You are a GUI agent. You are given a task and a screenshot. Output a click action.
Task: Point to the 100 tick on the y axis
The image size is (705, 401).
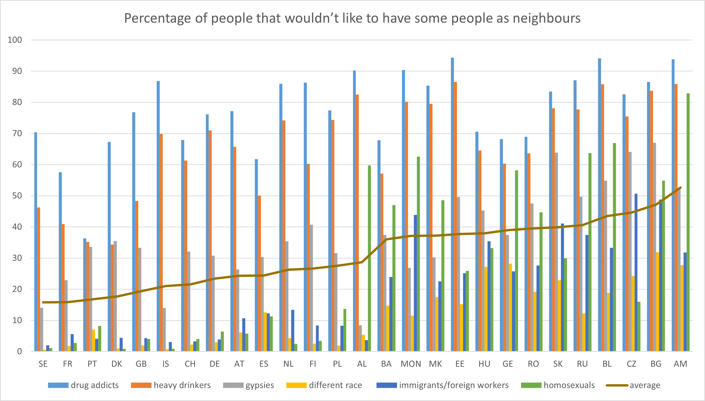point(15,40)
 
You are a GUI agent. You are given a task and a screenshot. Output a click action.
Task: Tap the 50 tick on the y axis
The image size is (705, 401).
point(15,196)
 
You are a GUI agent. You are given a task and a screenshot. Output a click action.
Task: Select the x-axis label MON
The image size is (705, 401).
point(411,364)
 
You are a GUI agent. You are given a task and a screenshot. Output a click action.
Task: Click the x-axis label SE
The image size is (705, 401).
point(43,364)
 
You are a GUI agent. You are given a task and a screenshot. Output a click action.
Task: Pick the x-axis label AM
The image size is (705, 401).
point(680,364)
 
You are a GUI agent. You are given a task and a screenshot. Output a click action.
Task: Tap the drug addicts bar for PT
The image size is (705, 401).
point(85,295)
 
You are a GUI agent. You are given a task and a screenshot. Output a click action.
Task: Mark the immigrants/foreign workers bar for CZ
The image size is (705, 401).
point(636,272)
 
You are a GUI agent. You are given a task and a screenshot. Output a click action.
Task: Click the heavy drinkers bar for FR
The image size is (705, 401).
point(63,288)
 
